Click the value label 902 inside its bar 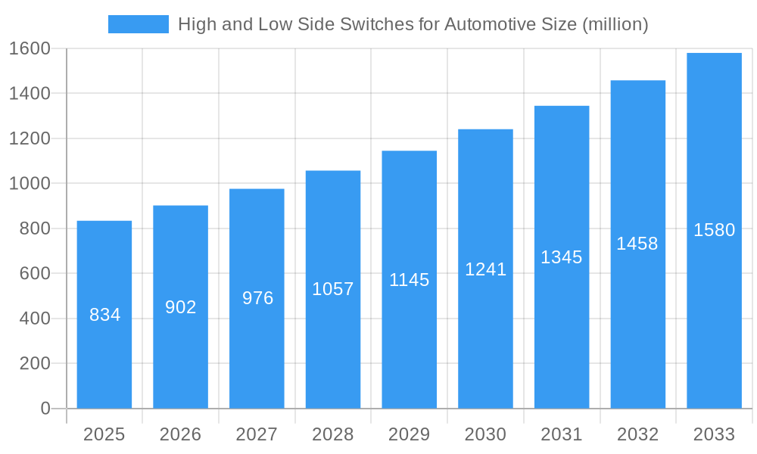point(181,307)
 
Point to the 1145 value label point(410,280)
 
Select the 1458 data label point(637,244)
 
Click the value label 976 point(257,298)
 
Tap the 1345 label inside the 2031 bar point(562,257)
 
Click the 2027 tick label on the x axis point(257,434)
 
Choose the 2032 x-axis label point(637,434)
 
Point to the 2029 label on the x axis point(410,434)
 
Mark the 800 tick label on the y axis point(35,229)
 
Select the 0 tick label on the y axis point(45,409)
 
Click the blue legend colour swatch point(139,24)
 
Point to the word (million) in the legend point(615,24)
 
